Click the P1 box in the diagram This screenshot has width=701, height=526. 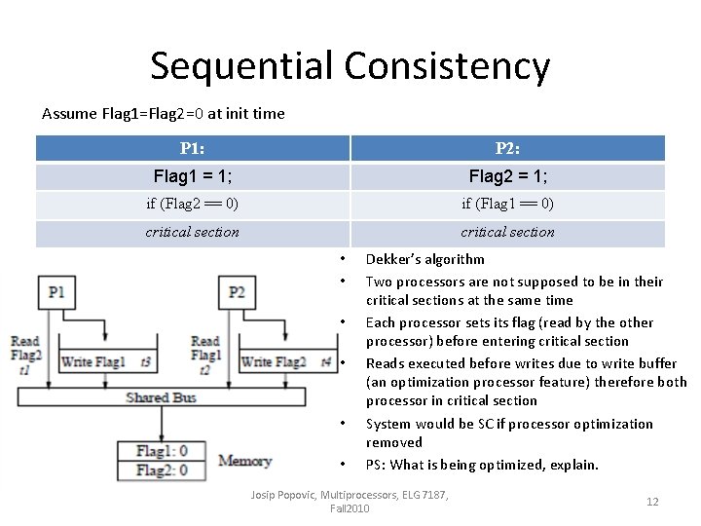coord(55,291)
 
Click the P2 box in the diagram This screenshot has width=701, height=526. coord(237,291)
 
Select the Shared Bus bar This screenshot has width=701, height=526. coord(162,397)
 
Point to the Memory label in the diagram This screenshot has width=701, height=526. coord(244,461)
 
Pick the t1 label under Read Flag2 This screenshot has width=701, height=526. coord(22,370)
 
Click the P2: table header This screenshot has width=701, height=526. coord(507,148)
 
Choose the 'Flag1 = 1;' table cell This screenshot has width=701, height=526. coord(193,176)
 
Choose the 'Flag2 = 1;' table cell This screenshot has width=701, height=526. coord(507,176)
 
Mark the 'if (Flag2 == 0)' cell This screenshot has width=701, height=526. coord(192,205)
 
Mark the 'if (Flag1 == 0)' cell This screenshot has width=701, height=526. coord(507,205)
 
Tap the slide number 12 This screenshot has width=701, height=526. coord(652,502)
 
